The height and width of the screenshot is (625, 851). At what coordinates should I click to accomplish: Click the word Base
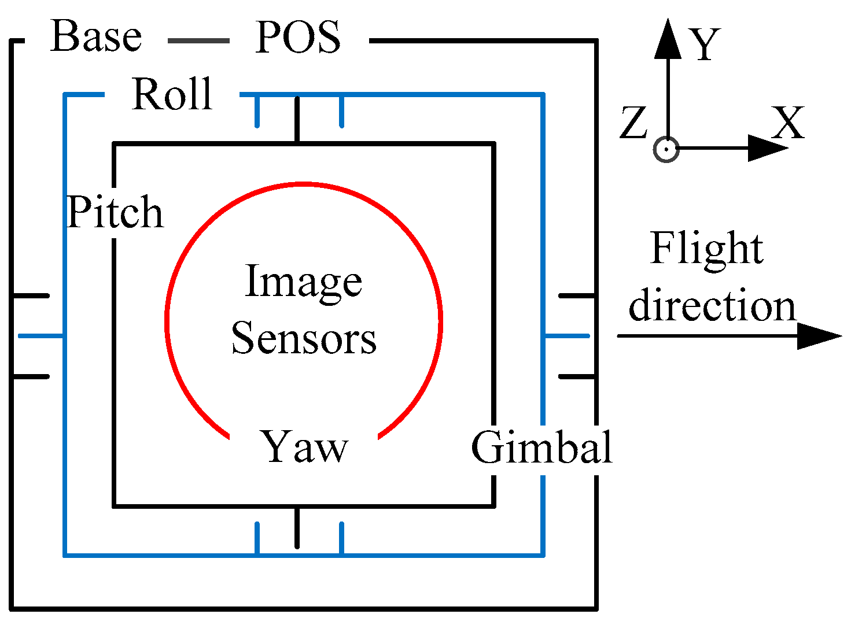(96, 37)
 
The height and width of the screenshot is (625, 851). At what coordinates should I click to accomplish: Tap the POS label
(298, 38)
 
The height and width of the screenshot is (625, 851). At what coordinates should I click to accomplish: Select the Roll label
(172, 94)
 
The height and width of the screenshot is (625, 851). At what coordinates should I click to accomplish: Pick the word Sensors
(304, 338)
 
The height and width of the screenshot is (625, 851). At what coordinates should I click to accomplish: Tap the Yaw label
(305, 448)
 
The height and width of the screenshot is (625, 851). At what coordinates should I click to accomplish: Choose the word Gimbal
(541, 448)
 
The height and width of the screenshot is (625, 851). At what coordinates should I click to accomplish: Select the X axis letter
(788, 123)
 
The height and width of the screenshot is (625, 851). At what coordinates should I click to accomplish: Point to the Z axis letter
(633, 123)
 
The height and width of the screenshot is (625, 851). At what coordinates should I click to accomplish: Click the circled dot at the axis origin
(666, 149)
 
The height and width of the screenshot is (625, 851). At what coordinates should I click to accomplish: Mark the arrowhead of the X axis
(767, 149)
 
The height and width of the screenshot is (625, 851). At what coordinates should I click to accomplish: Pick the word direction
(712, 306)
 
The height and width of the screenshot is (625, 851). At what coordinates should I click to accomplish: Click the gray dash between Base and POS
(198, 40)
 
